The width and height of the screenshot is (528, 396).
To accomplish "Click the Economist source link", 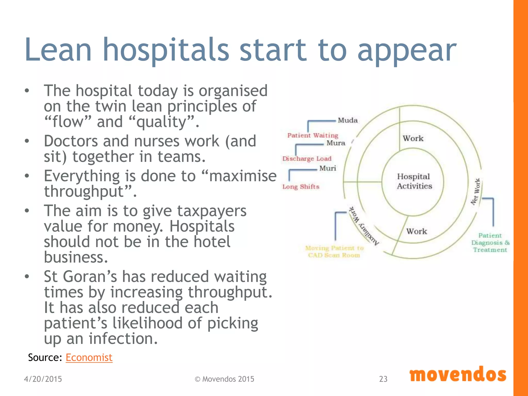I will point(89,358).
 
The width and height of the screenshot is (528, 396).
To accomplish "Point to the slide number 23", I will point(383,379).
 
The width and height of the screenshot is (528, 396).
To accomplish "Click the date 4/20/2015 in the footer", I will point(43,379).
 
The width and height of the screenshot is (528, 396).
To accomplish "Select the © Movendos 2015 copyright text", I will point(224,379).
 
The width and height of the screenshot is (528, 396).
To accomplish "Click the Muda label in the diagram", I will point(348,120).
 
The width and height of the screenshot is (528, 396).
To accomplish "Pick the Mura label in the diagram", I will point(336,143).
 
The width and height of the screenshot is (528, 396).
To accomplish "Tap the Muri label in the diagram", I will point(328,168).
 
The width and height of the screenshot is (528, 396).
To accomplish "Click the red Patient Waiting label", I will point(313,135).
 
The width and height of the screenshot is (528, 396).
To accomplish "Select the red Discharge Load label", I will point(307,159).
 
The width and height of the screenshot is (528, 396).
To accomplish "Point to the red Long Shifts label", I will point(301,187).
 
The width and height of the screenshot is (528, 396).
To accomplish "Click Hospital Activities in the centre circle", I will point(414,181).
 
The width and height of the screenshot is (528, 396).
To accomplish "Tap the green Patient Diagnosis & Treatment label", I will point(490,243).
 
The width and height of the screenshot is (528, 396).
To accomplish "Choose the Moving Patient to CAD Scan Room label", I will point(334,252).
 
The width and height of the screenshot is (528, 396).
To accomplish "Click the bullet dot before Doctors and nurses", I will point(27,141).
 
